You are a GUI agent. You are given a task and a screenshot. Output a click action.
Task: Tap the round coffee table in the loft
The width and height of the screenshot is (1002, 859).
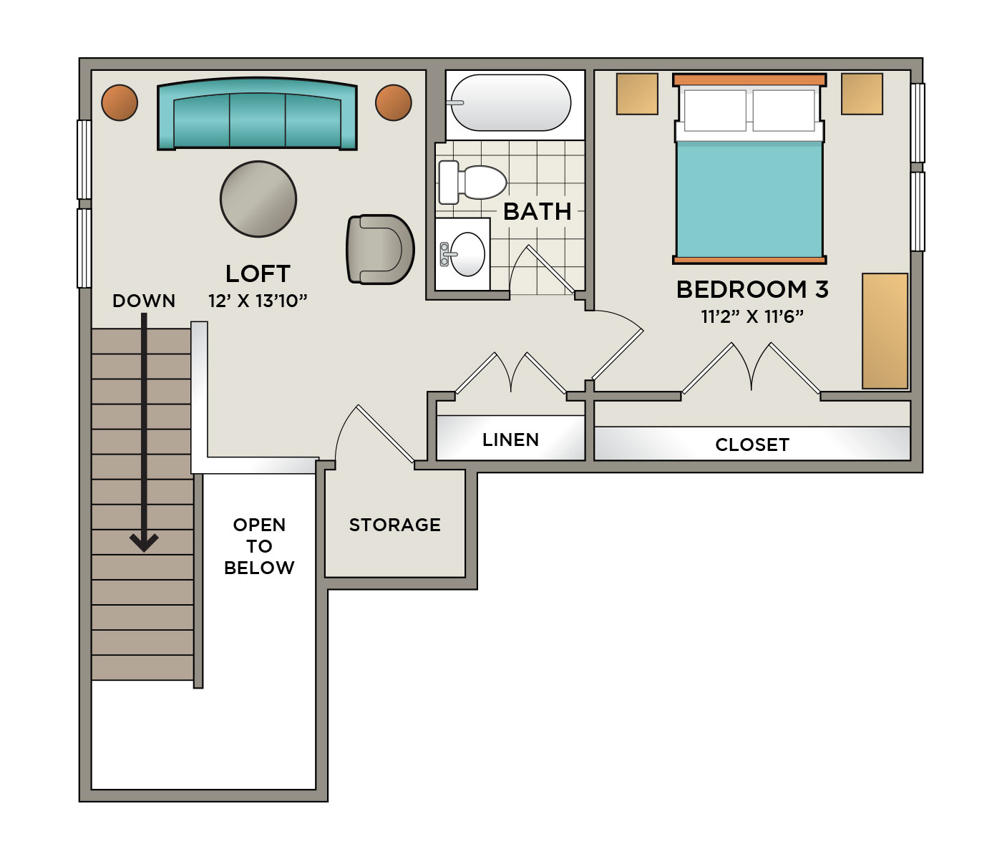tap(258, 199)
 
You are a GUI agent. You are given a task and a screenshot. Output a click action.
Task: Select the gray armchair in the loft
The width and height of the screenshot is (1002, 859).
tap(380, 249)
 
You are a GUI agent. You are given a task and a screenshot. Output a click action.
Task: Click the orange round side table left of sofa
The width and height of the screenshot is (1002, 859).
tap(120, 103)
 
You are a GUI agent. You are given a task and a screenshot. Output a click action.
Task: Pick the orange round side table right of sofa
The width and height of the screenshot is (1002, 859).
tap(394, 103)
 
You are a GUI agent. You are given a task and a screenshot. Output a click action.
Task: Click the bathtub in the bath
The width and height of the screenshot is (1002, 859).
tap(511, 103)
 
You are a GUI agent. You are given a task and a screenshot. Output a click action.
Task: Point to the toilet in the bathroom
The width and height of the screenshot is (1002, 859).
tap(472, 183)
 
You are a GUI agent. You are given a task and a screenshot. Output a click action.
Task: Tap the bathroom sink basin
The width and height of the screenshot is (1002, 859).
tap(467, 254)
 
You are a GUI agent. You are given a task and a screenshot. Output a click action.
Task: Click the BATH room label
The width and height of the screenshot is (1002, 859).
tap(538, 212)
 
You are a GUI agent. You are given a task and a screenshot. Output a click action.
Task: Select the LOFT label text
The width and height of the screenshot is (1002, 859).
tap(258, 274)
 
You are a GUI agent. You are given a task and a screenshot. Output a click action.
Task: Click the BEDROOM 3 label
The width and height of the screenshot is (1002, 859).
tap(752, 289)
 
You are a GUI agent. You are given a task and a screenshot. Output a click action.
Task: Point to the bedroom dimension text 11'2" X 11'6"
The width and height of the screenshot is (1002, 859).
tap(752, 316)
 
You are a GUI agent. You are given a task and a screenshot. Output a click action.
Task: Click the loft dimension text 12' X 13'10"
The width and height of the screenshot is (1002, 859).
tap(258, 301)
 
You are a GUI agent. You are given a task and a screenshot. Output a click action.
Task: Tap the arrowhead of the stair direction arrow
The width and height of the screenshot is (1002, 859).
tap(144, 543)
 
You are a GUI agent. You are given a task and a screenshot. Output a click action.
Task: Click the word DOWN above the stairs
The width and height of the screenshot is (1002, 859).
tap(144, 301)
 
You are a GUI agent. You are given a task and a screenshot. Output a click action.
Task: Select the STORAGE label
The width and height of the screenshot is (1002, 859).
tap(395, 525)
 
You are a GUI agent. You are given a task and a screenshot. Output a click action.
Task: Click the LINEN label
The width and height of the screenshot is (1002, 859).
tap(511, 440)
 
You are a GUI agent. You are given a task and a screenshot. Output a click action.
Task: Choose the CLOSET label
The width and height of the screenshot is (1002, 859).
tap(752, 445)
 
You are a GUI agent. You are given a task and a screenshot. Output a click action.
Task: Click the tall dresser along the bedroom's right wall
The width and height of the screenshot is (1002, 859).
tap(885, 331)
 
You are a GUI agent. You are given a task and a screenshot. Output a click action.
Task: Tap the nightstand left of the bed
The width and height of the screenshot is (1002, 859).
tap(637, 94)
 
